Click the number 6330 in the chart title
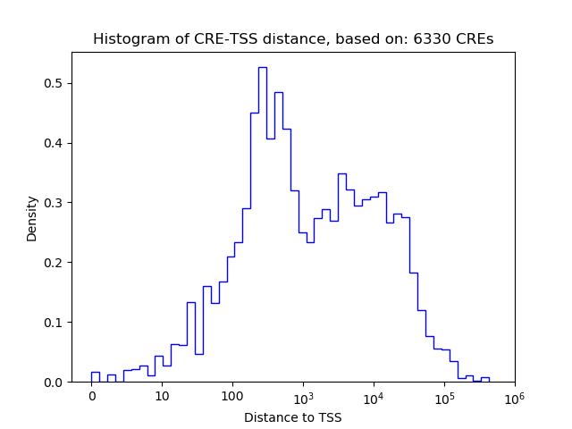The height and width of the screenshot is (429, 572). (x=441, y=39)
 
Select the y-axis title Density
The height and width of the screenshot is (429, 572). (x=32, y=218)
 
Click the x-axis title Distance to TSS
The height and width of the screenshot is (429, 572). (x=293, y=417)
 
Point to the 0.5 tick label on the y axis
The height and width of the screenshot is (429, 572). (x=54, y=84)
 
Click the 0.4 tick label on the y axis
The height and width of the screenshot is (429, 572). (x=54, y=143)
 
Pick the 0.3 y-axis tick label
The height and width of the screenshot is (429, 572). (x=54, y=203)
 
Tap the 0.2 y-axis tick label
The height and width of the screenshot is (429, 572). (x=54, y=263)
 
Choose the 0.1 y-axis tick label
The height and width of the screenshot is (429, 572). (x=54, y=323)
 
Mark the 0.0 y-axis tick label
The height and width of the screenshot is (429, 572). (x=54, y=383)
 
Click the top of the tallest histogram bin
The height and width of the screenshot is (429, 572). (x=262, y=68)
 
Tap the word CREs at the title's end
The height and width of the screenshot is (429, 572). (x=477, y=39)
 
